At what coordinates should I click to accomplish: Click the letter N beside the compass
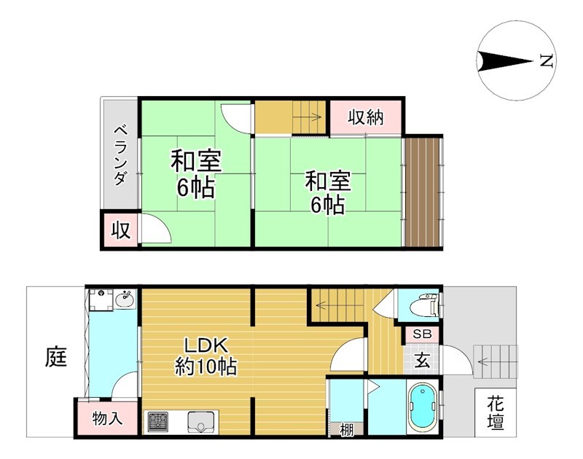544,62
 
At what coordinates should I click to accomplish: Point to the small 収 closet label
120,231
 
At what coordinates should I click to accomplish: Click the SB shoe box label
422,334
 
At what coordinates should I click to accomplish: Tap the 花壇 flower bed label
496,412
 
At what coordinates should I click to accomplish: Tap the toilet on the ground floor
423,305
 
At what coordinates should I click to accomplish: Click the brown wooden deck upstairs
423,191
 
